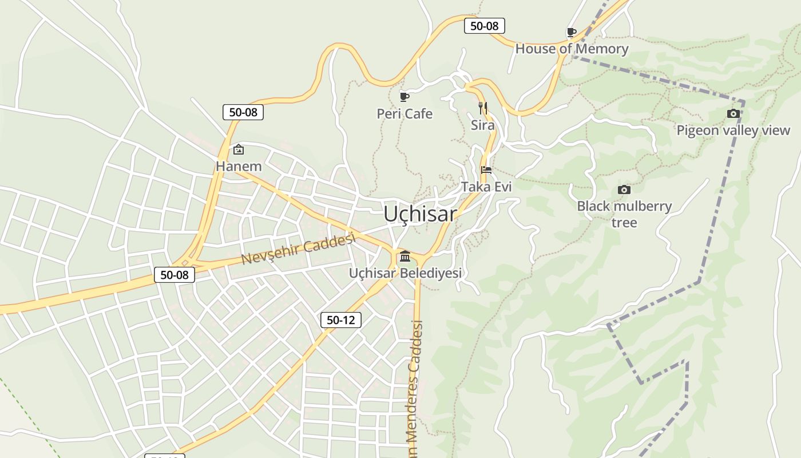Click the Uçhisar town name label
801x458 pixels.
[420, 214]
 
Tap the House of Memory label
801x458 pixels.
[572, 49]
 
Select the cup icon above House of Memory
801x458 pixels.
[570, 32]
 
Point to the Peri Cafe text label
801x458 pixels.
[405, 114]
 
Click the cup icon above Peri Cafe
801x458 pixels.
[404, 96]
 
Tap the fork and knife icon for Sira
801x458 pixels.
[482, 107]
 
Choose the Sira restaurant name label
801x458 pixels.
[482, 125]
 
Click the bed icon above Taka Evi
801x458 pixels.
[486, 169]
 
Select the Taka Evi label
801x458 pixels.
[486, 187]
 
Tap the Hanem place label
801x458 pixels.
[239, 167]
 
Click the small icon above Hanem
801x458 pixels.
[239, 150]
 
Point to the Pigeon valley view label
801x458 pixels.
[733, 131]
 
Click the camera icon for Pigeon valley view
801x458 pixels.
[733, 114]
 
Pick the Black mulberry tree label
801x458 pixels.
[624, 214]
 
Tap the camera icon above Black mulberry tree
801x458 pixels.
[624, 189]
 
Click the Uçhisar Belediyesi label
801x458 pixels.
[405, 273]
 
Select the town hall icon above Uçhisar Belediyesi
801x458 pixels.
[405, 256]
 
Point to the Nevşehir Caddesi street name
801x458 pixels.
[298, 249]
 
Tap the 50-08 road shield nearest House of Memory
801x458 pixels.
[484, 26]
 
